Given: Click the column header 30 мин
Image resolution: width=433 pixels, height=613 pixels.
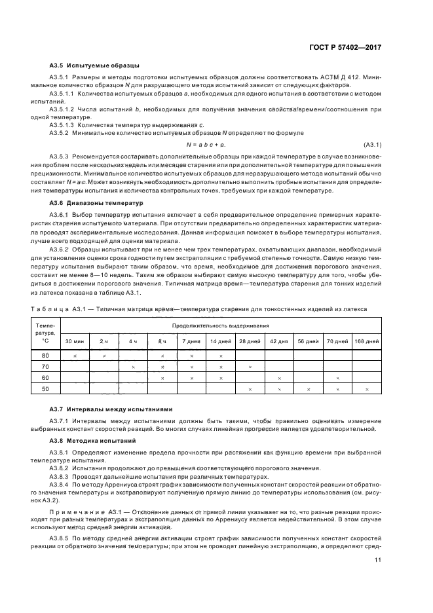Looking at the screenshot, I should point(73,341).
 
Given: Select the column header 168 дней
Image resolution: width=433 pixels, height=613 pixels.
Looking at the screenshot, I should point(366,341).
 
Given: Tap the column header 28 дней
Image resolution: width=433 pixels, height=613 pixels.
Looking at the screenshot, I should point(250,341).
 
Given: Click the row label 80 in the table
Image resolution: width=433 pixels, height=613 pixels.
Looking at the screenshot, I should point(45,355).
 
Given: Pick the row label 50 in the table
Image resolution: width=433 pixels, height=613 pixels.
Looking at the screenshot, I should point(45,389).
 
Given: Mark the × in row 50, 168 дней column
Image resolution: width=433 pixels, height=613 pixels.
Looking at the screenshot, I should point(366,390).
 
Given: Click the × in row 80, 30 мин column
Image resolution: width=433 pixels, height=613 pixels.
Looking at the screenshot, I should point(75,356).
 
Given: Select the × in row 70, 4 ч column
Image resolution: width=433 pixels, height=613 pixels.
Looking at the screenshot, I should point(133,367).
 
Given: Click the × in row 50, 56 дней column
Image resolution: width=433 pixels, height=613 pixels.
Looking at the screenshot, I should point(308,390).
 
